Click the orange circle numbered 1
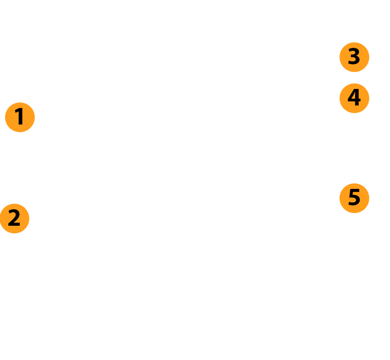(20, 117)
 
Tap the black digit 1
(19, 116)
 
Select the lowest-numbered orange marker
(20, 117)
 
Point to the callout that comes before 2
(20, 117)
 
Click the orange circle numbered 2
(14, 219)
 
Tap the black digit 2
(14, 218)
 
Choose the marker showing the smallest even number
(14, 219)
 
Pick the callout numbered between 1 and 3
(14, 219)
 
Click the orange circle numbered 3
(354, 57)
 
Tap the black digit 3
(354, 56)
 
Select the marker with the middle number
(354, 57)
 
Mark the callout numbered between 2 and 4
(354, 57)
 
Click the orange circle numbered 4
(354, 98)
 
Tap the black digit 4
(354, 97)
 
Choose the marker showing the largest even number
(354, 98)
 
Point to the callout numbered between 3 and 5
(354, 98)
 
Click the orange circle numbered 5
(354, 198)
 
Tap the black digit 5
(354, 197)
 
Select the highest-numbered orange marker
(354, 198)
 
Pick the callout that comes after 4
(354, 198)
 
